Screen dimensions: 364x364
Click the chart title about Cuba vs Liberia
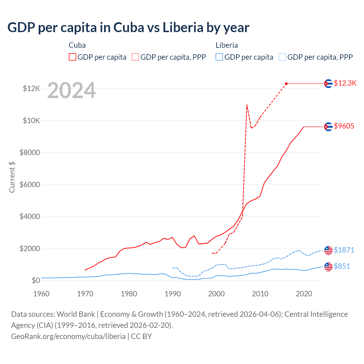(128, 28)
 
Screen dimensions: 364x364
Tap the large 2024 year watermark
(71, 90)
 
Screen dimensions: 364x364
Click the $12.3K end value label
(345, 83)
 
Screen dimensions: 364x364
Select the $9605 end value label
(344, 126)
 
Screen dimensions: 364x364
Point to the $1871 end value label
(344, 250)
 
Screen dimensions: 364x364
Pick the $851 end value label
(342, 266)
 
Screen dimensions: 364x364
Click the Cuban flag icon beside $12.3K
(328, 84)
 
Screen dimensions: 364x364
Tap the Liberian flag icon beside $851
(328, 266)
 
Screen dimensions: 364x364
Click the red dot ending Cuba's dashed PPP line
(286, 84)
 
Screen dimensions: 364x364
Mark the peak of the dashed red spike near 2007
(247, 105)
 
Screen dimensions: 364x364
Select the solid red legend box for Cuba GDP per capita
(73, 57)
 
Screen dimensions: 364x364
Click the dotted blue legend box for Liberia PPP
(282, 57)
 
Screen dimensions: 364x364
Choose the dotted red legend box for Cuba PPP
(135, 57)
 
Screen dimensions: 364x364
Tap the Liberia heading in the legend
(227, 45)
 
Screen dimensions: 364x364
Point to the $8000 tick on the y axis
(30, 153)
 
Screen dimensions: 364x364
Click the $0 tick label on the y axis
(36, 281)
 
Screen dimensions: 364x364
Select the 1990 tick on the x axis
(173, 294)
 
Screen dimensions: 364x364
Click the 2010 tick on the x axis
(260, 294)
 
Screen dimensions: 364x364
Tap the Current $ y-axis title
(12, 177)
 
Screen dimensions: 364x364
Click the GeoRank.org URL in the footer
(68, 336)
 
